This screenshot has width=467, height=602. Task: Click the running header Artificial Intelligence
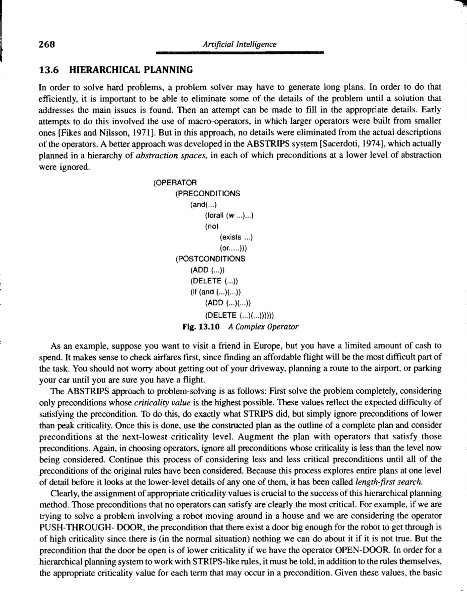pyautogui.click(x=240, y=44)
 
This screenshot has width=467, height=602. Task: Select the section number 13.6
pyautogui.click(x=49, y=70)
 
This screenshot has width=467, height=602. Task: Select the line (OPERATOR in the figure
pyautogui.click(x=175, y=183)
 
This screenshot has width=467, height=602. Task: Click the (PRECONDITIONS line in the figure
pyautogui.click(x=207, y=193)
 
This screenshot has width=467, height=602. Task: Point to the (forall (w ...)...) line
pyautogui.click(x=229, y=215)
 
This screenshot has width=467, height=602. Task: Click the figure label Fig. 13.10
pyautogui.click(x=201, y=327)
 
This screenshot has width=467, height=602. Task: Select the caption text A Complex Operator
pyautogui.click(x=263, y=327)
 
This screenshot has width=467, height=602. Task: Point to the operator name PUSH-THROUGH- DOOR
pyautogui.click(x=92, y=527)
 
